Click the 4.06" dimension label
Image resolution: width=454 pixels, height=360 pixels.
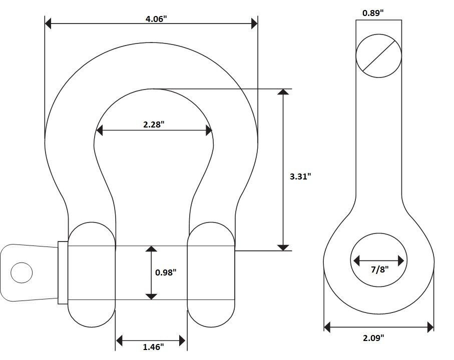pos(156,19)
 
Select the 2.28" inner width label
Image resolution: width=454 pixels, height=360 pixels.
pos(154,124)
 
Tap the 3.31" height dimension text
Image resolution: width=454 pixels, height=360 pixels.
pos(300,176)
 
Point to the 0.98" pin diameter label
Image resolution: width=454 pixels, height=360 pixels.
pos(166,272)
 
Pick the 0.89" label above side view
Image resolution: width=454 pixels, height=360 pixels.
pos(373,12)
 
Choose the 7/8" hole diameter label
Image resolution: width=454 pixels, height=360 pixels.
pos(379,269)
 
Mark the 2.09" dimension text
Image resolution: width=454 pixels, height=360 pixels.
pos(373,337)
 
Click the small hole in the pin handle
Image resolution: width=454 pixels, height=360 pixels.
pos(22,272)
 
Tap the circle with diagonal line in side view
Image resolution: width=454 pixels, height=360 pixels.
pos(379,56)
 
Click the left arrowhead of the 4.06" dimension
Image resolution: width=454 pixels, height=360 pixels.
pos(48,23)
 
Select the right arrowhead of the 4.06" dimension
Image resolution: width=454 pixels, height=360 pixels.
pos(254,23)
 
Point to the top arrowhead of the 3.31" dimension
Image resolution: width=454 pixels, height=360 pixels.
pos(283,91)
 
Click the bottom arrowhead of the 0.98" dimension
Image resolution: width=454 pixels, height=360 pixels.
pos(151,296)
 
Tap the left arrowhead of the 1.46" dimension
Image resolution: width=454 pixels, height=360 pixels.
pos(119,340)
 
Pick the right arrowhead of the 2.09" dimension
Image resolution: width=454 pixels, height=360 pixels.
pos(430,327)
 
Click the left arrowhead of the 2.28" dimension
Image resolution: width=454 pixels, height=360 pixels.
pos(99,130)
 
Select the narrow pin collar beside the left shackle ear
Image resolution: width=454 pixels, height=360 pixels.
pos(63,272)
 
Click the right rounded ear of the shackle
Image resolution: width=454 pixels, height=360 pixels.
pos(211,274)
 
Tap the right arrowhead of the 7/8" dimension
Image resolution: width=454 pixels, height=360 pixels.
pos(401,261)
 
